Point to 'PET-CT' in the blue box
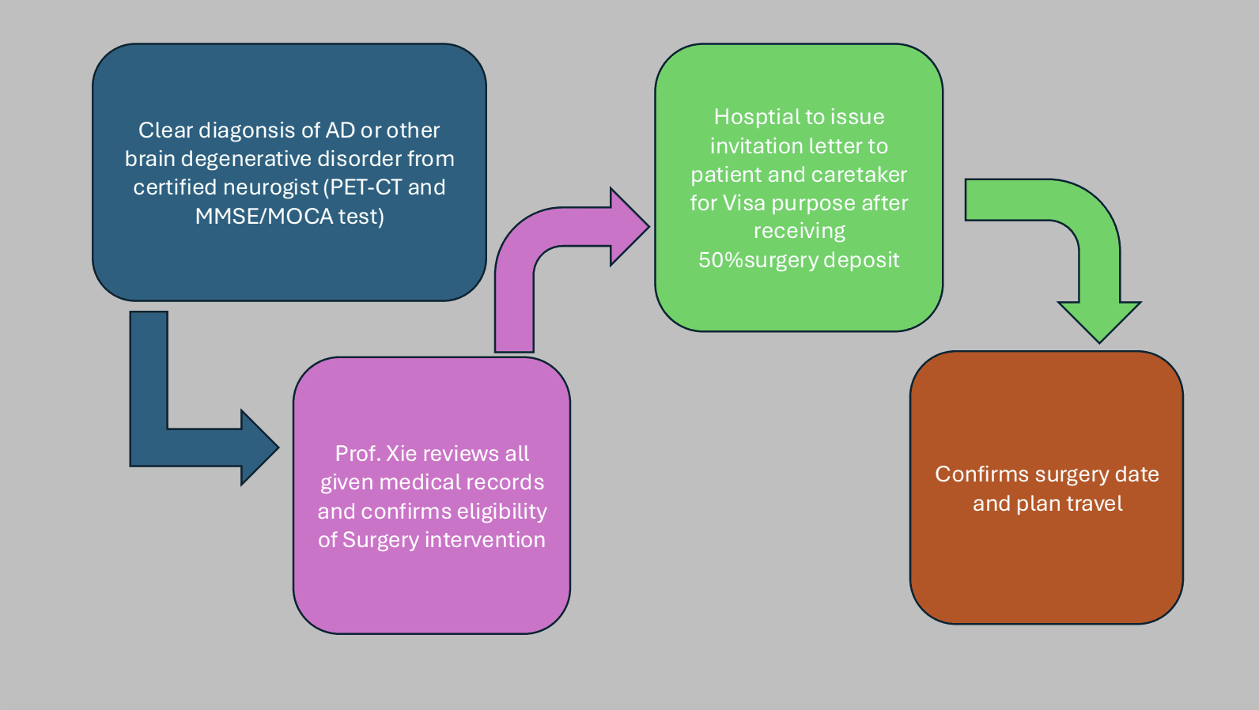click(x=366, y=187)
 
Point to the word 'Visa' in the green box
click(x=744, y=203)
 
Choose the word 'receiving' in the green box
click(x=799, y=232)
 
